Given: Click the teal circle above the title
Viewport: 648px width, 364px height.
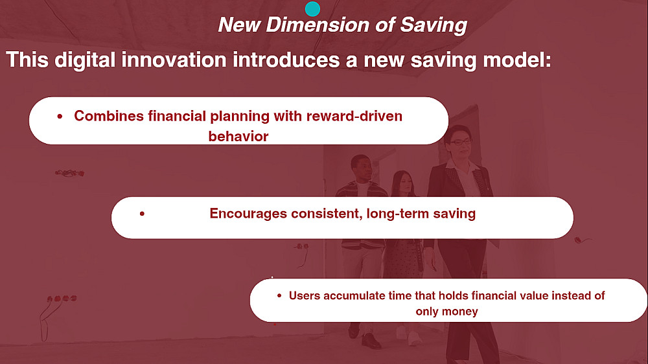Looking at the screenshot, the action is coord(312,8).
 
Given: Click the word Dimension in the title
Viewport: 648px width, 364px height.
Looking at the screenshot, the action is coord(318,25).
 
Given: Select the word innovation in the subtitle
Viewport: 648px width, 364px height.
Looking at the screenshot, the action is coord(174,60).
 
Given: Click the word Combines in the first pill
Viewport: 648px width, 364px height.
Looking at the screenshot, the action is coord(109,116).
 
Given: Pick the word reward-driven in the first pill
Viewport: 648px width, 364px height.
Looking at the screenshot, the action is coord(354,116).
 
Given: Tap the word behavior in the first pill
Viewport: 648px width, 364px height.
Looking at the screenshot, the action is coord(238,137).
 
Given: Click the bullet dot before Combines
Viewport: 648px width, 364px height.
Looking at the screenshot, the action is coord(60,117).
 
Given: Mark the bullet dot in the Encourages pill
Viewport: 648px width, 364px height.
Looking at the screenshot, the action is coord(142,214).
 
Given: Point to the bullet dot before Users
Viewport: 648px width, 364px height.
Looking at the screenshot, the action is coord(279,295).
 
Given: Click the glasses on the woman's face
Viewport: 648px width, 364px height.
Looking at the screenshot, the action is coord(460,142).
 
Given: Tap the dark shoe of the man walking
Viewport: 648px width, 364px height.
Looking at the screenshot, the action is coord(370,341).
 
